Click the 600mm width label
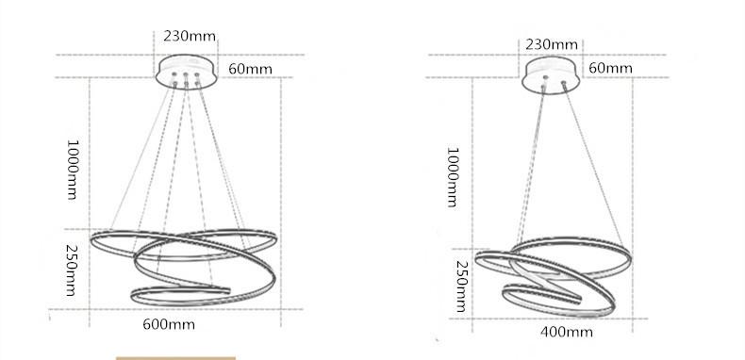tap(169, 324)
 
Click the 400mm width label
tap(567, 332)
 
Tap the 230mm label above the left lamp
tap(190, 36)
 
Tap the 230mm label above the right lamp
tap(552, 44)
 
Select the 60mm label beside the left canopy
tap(251, 70)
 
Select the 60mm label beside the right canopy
tap(610, 69)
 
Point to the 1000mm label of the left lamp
tap(72, 170)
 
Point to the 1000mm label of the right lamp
tap(453, 177)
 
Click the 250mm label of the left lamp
tap(72, 270)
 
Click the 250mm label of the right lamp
tap(462, 286)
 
